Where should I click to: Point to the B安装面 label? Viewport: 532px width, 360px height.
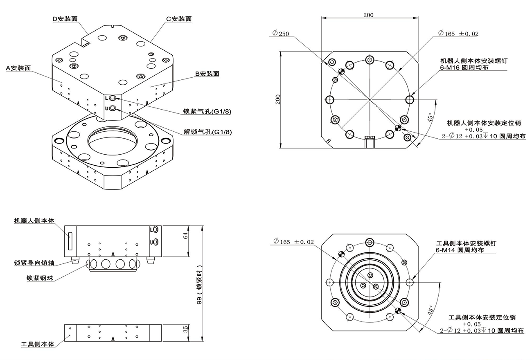(x=207, y=74)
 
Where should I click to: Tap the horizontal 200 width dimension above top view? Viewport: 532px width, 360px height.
(x=368, y=15)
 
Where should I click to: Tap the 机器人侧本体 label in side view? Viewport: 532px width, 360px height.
(x=34, y=221)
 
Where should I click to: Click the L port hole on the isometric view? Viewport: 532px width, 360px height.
(x=113, y=98)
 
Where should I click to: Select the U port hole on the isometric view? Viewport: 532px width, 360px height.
(x=113, y=108)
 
